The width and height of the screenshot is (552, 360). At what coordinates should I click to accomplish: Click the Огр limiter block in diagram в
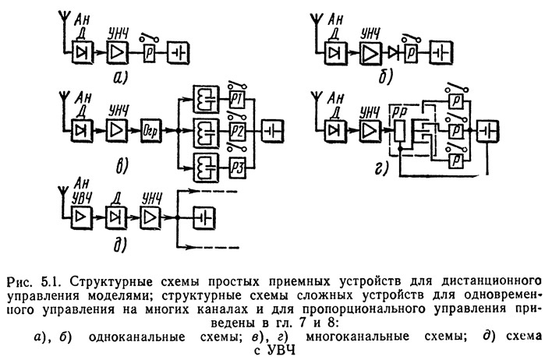(150, 131)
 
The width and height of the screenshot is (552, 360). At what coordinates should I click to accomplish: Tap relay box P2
(238, 131)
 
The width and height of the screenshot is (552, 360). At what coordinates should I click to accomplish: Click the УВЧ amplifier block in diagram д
(81, 217)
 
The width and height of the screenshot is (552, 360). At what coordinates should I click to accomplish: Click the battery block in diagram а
(179, 53)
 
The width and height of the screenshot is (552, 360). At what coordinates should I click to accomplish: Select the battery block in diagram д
(204, 218)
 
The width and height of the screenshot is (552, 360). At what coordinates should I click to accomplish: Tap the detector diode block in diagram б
(336, 54)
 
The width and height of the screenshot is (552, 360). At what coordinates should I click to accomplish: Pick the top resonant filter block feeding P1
(207, 99)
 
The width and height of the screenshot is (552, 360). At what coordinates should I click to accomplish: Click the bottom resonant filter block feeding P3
(207, 168)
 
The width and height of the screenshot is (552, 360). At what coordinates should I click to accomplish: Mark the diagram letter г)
(381, 169)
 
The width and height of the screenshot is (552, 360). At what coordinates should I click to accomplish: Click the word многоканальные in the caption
(357, 337)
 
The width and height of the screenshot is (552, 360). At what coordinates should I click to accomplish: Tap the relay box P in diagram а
(150, 53)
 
